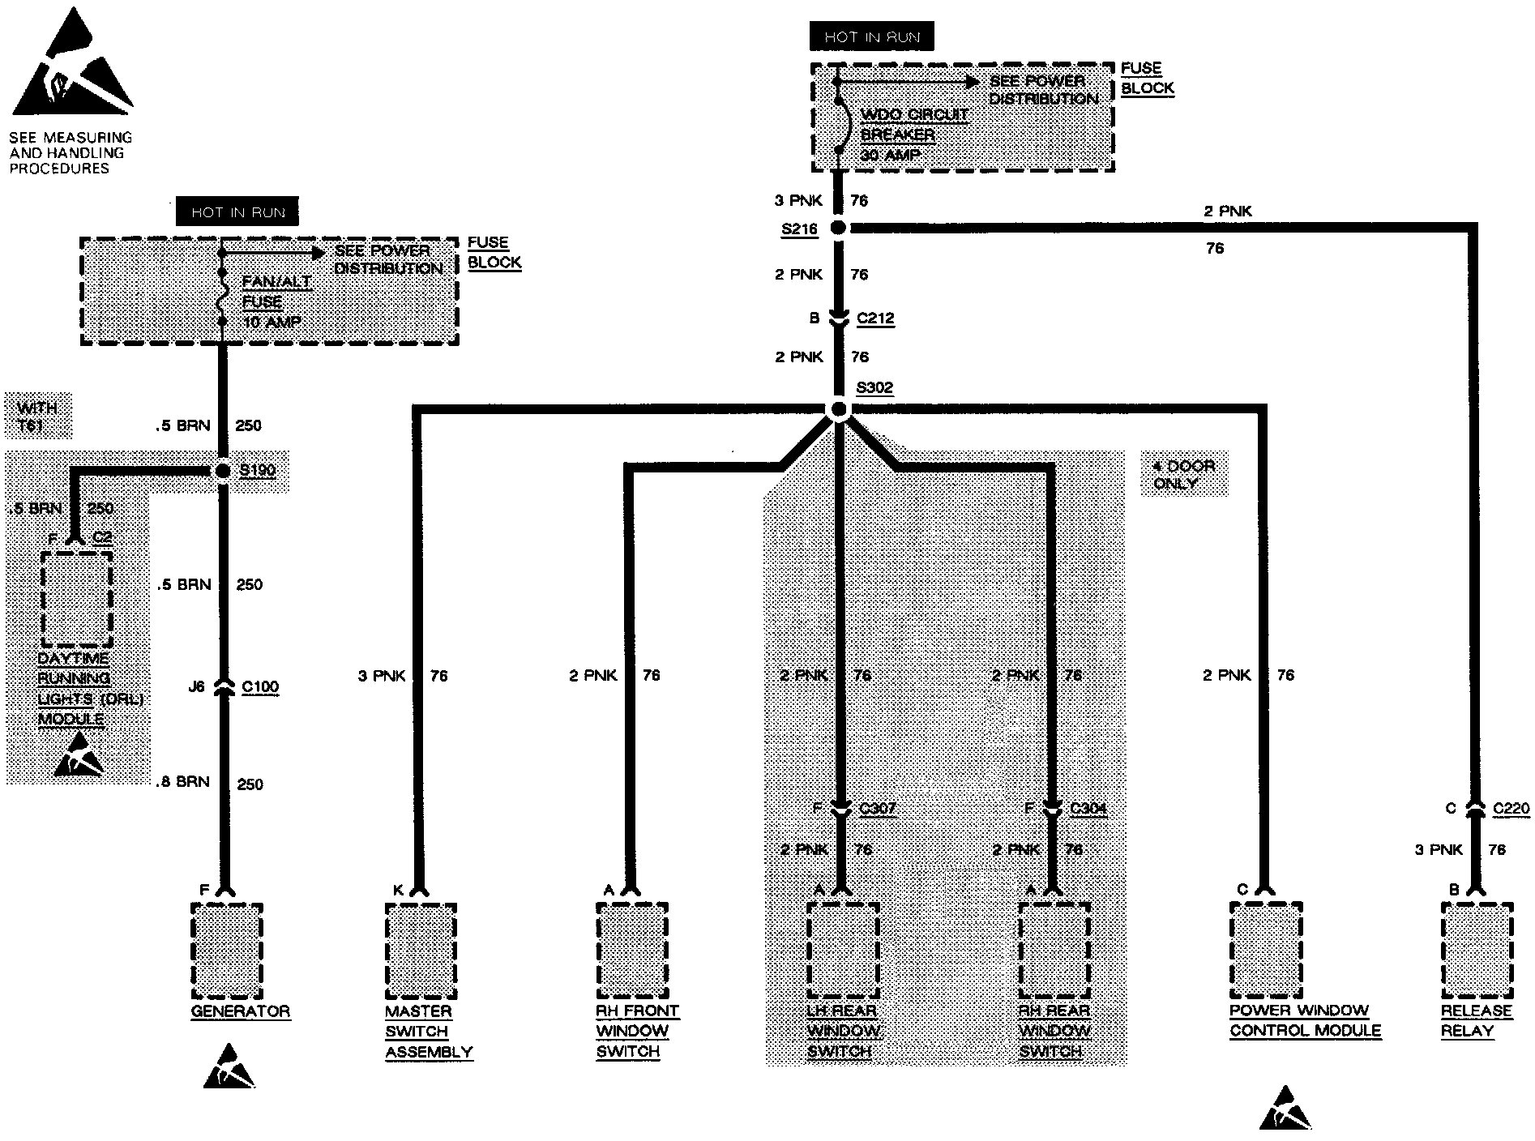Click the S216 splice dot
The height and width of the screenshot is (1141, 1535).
[x=839, y=228]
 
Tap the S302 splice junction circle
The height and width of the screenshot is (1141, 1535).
[x=839, y=410]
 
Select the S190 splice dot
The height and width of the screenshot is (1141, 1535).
[x=223, y=471]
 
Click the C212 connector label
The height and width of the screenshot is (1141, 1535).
[x=875, y=318]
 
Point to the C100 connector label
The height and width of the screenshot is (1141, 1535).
[x=260, y=687]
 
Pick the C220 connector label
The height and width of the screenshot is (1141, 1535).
[x=1511, y=808]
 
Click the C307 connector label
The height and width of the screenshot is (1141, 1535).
[x=877, y=809]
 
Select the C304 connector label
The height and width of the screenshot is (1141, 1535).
[x=1088, y=809]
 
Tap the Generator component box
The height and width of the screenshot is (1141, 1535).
[x=227, y=951]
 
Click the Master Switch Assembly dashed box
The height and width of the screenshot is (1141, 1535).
[x=420, y=951]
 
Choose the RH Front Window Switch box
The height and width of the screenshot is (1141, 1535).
[x=631, y=951]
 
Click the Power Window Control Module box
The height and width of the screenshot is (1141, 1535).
[x=1265, y=951]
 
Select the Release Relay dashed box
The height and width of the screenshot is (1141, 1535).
[x=1477, y=951]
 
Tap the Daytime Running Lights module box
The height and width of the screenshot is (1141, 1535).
[x=76, y=599]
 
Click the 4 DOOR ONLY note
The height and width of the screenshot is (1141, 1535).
[x=1183, y=474]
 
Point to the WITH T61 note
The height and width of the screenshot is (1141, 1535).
[x=38, y=416]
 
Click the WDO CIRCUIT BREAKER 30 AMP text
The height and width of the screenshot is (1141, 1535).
[x=913, y=135]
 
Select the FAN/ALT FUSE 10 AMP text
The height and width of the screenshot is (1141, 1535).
[x=272, y=302]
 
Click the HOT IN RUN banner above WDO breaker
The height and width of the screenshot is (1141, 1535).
[x=871, y=37]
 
